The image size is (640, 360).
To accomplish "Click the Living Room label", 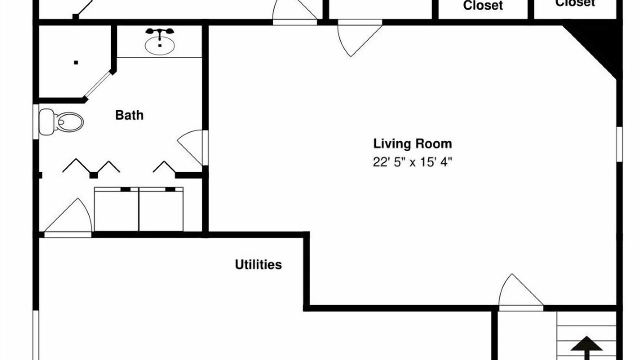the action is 412,143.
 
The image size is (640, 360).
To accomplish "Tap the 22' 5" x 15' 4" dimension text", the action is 412,162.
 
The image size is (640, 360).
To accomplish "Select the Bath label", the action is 129,115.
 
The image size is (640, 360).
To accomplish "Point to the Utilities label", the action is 258,264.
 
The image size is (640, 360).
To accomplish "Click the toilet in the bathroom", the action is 61,122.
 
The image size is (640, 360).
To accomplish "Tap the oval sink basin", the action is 159,45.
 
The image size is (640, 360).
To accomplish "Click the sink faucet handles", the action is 159,31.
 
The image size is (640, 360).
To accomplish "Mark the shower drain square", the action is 75,62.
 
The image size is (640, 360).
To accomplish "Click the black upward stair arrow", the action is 586,347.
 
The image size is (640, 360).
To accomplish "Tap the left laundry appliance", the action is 116,209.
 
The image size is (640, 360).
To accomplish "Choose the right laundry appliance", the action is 161,209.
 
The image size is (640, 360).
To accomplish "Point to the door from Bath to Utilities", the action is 68,217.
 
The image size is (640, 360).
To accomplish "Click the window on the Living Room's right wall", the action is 619,144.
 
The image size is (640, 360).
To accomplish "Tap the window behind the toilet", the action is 35,121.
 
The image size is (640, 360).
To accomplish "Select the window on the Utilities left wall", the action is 35,335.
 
